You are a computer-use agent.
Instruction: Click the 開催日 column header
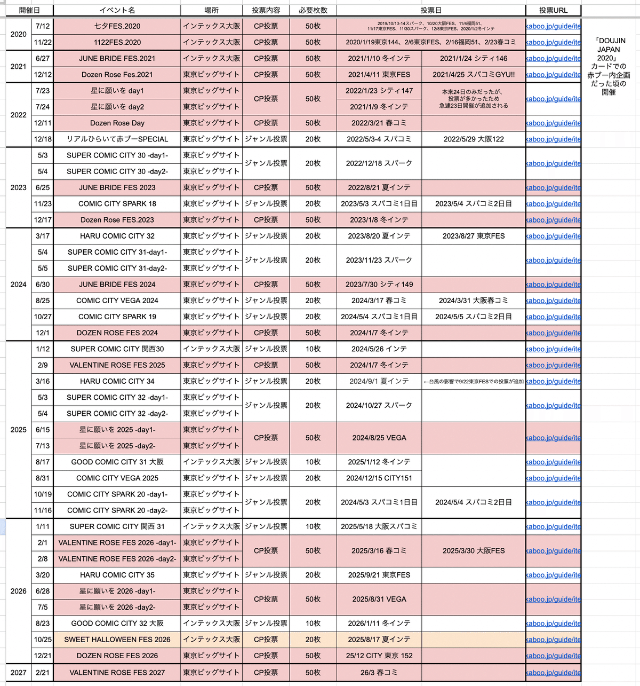pos(29,10)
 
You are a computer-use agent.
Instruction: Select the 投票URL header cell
pos(553,10)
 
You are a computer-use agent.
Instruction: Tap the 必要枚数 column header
pos(313,10)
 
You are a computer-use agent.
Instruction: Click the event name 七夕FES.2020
pos(117,26)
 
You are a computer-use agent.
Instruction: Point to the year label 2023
pos(19,187)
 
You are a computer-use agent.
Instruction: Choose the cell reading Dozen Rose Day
pos(117,123)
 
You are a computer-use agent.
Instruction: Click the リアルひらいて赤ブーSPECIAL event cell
pos(117,139)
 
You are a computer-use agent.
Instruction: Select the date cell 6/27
pos(43,58)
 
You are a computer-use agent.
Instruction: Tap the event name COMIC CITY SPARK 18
pos(117,203)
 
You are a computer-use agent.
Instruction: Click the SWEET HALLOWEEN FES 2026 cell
pos(117,640)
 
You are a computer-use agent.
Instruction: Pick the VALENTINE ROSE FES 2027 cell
pos(117,673)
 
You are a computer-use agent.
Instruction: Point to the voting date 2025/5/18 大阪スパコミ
pos(379,526)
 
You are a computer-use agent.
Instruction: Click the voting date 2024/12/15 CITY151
pos(379,478)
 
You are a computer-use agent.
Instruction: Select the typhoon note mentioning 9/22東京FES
pos(474,382)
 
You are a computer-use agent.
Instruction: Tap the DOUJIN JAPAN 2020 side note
pos(609,66)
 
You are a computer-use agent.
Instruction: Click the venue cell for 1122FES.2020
pos(211,42)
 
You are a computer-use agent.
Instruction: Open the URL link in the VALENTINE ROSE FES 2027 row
pos(553,673)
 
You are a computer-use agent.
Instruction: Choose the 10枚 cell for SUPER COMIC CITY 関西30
pos(313,349)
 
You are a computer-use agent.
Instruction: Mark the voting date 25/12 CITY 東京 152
pos(379,656)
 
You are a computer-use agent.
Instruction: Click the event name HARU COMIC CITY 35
pos(117,575)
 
